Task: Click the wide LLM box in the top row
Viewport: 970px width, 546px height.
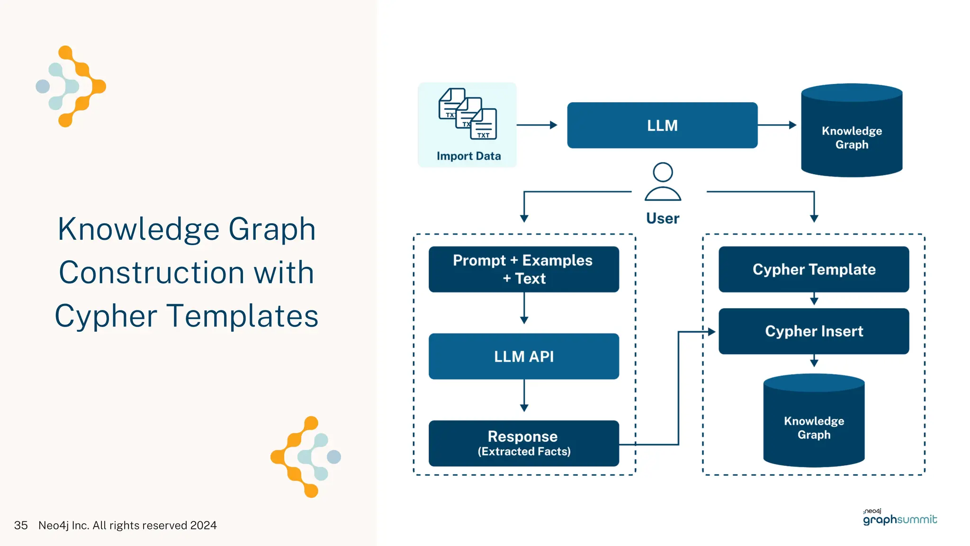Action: coord(662,125)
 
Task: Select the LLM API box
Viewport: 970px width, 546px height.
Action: coord(523,356)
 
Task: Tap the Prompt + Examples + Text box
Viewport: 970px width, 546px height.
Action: coord(523,269)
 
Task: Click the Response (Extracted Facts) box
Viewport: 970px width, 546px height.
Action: coord(523,443)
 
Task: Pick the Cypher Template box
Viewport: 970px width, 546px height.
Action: coord(814,269)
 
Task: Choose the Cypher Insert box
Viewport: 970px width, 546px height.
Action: coord(814,331)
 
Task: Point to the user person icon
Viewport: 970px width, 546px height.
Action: coord(663,182)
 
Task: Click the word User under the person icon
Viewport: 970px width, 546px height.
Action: coord(663,218)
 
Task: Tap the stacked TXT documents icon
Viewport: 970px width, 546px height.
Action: coord(468,114)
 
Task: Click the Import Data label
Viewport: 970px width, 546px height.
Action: coord(468,156)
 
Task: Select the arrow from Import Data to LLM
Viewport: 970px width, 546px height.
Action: coord(536,125)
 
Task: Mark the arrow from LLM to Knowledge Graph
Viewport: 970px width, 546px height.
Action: coord(777,125)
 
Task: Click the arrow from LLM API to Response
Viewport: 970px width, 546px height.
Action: coord(524,395)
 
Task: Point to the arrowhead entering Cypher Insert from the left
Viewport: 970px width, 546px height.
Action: coord(711,332)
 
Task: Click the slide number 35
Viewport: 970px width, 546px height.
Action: coord(21,525)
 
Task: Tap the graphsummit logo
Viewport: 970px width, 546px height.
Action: coord(899,518)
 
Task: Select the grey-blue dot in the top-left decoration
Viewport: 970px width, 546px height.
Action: coord(43,86)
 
